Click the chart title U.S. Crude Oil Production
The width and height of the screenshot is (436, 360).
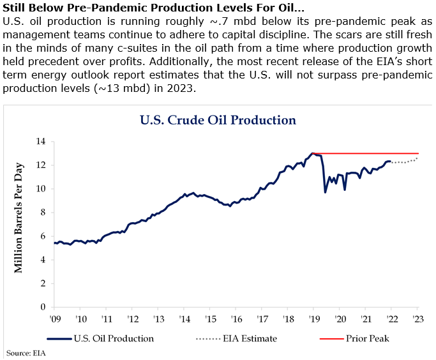(x=218, y=120)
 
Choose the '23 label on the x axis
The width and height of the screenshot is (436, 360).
(x=417, y=318)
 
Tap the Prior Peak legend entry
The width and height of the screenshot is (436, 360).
(x=365, y=338)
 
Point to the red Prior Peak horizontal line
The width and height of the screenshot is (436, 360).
(x=370, y=154)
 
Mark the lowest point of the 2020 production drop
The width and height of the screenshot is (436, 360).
(x=326, y=192)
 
